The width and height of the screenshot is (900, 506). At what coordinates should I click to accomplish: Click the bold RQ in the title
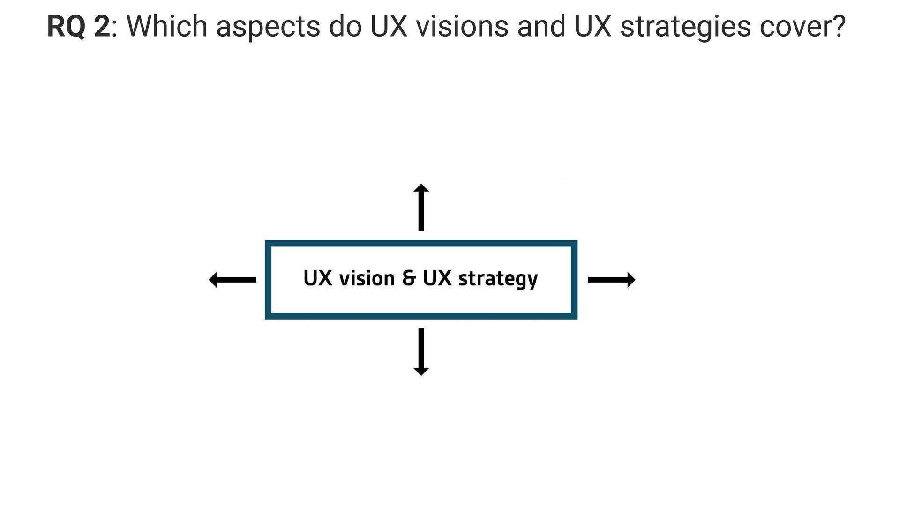[x=66, y=27]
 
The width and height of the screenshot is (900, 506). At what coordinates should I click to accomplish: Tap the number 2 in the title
[x=102, y=27]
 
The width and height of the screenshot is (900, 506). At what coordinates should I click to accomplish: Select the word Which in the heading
[x=167, y=27]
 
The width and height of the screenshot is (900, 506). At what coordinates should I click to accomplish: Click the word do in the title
[x=345, y=27]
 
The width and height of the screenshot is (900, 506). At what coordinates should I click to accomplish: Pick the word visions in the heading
[x=462, y=27]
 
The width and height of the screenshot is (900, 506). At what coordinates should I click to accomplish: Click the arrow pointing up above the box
[x=421, y=207]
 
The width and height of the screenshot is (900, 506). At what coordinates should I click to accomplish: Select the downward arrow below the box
[x=421, y=352]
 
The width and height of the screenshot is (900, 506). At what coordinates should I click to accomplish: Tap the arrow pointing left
[x=232, y=280]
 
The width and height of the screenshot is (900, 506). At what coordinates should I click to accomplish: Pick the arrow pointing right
[x=611, y=280]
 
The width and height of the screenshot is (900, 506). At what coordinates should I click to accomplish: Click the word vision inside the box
[x=367, y=279]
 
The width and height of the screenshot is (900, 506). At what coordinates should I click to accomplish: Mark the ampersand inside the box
[x=409, y=279]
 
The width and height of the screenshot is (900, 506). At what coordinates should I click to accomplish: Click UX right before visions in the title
[x=389, y=27]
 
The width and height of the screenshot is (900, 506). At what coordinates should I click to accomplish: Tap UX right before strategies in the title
[x=592, y=27]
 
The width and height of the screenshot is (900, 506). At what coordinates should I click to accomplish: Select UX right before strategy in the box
[x=437, y=279]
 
